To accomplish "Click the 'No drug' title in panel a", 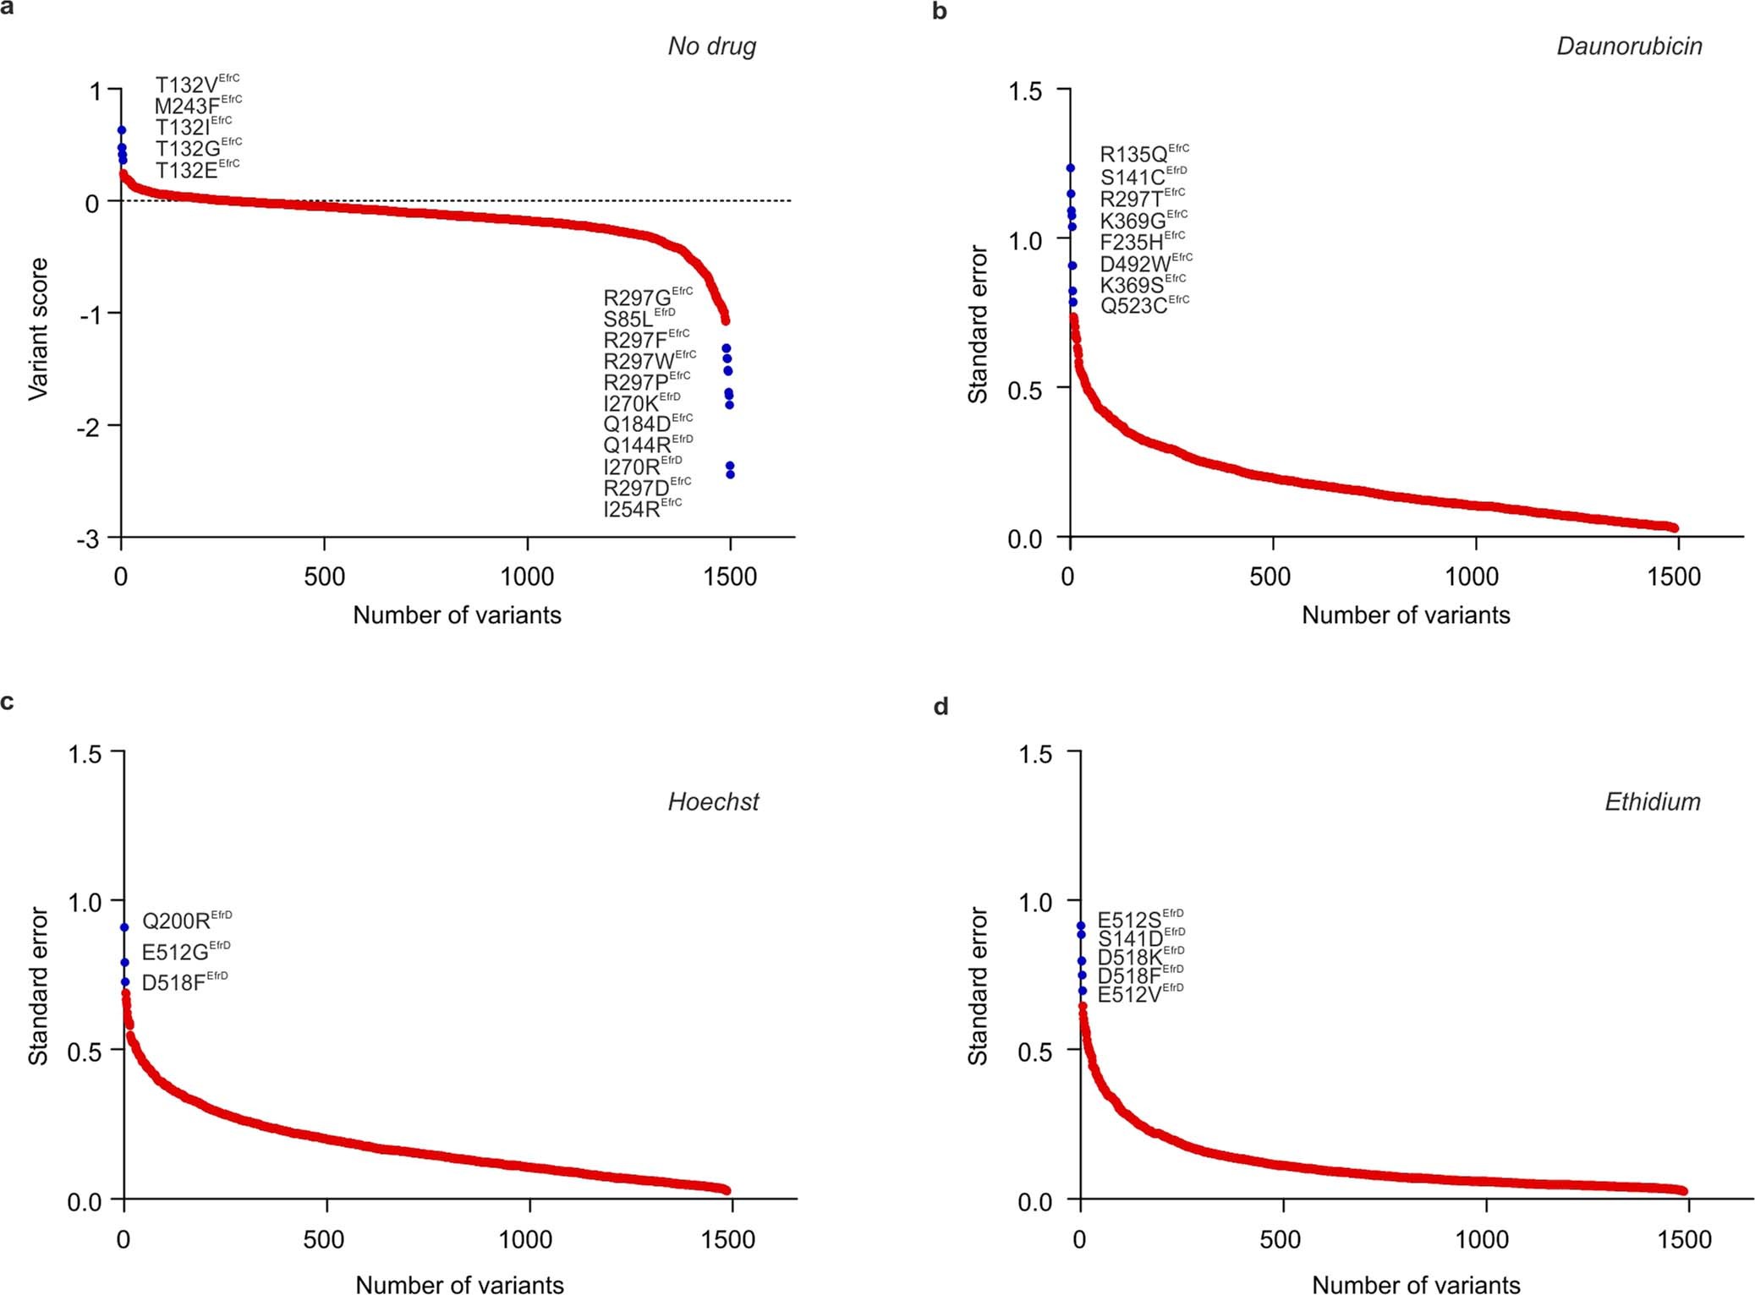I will click(711, 46).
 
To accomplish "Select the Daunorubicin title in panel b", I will click(1628, 46).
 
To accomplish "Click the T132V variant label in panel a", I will click(197, 85).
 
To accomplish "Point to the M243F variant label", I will click(198, 106).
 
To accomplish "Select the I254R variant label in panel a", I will click(642, 509).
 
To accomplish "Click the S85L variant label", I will click(639, 319).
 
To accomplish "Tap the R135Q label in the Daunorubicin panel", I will click(1143, 154).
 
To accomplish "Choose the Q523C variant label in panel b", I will click(1143, 305).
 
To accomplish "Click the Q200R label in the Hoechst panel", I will click(186, 921).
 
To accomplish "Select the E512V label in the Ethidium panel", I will click(1139, 994).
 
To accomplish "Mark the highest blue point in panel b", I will click(1070, 168).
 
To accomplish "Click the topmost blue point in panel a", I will click(122, 130).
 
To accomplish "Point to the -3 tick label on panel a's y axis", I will click(88, 539).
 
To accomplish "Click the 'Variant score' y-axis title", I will click(38, 329).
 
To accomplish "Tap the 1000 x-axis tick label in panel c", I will click(525, 1240).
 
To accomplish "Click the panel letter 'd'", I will click(941, 706).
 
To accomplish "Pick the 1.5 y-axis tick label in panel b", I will click(1024, 91).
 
